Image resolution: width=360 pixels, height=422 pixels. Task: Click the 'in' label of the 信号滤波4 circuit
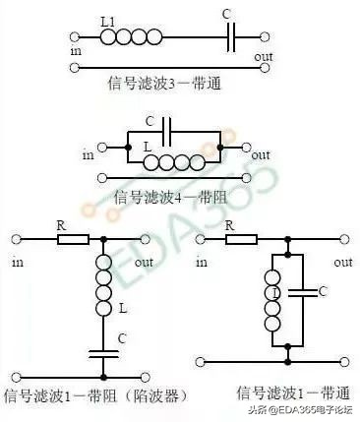(x=88, y=154)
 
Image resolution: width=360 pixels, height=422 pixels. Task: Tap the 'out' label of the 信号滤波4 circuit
(x=261, y=154)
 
